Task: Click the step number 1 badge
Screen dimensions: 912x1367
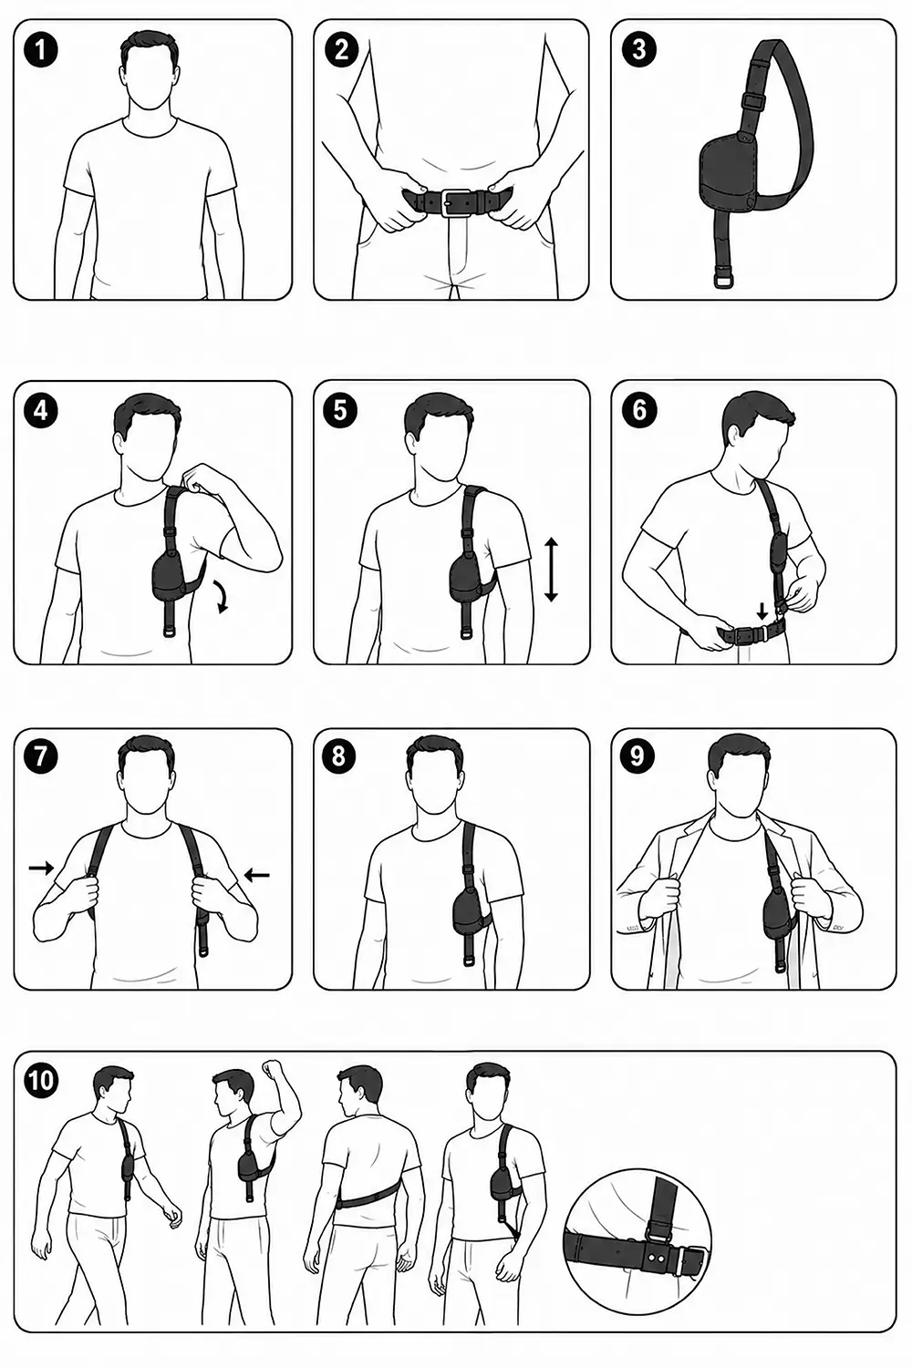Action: [41, 50]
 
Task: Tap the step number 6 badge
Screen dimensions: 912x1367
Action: [639, 409]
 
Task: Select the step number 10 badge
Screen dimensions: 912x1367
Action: [42, 1080]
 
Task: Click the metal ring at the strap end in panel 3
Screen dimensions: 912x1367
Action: [723, 282]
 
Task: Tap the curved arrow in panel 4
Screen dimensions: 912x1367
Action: [220, 596]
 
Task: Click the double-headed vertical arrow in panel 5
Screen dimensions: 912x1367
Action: [551, 569]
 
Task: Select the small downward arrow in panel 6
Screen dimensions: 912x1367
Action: [762, 611]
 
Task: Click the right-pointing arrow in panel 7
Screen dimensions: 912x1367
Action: [41, 868]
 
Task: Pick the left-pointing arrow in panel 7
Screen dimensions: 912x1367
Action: [257, 875]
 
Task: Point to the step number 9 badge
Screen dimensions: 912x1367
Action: [637, 756]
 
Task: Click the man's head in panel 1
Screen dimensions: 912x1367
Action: [150, 69]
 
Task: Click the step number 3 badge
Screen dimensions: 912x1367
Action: [639, 50]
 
